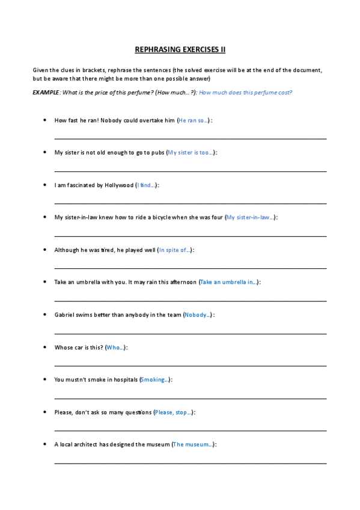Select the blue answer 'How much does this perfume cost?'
(x=245, y=92)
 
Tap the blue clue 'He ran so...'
(x=194, y=120)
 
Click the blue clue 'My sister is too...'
(x=191, y=153)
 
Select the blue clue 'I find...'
(x=147, y=185)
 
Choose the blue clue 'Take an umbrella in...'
(x=229, y=282)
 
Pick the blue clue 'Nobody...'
(x=198, y=315)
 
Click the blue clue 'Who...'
(x=115, y=348)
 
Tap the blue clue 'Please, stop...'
(x=174, y=413)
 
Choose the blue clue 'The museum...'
(x=193, y=445)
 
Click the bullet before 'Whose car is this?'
(x=45, y=348)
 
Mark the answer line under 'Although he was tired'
(x=191, y=268)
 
